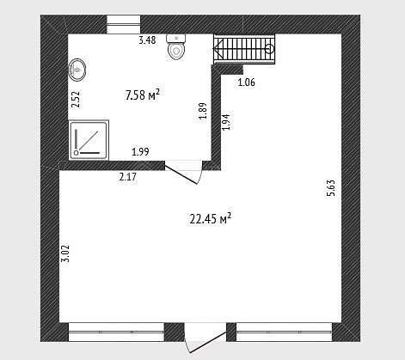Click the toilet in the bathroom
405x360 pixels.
coord(176,47)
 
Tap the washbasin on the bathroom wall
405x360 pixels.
coord(77,70)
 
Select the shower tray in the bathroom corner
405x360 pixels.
coord(89,140)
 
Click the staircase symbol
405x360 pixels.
coord(244,49)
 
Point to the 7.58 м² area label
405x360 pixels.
coord(143,95)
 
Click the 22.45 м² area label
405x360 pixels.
coord(211,219)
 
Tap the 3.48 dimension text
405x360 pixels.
coord(147,40)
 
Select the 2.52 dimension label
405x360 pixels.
coord(76,99)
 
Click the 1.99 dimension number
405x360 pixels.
coord(140,151)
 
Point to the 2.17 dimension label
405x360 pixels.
coord(128,177)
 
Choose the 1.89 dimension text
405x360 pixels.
coord(203,111)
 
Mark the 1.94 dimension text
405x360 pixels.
coord(226,122)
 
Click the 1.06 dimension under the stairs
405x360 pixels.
coord(247,82)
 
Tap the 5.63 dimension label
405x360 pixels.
coord(330,188)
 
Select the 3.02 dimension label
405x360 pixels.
coord(65,253)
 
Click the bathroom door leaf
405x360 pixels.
coord(181,174)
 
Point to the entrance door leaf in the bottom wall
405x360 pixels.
coord(208,342)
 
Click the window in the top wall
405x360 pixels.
coord(124,25)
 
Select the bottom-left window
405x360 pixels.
coord(116,333)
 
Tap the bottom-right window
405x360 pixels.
coord(284,333)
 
